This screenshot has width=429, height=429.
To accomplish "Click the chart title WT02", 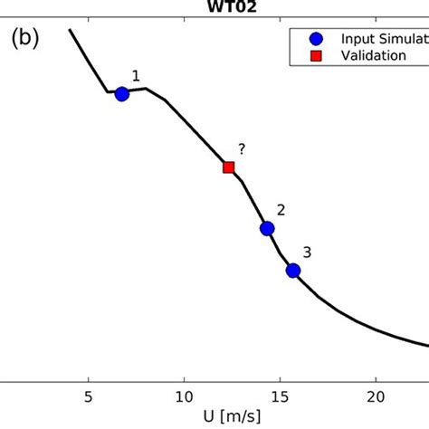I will (x=214, y=5).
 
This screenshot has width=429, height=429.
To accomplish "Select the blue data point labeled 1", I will (x=121, y=93).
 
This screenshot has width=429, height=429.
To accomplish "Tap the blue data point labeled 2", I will (x=267, y=229).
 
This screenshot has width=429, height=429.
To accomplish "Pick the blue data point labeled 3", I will (x=292, y=270).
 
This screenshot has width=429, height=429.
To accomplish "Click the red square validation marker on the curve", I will (x=229, y=167).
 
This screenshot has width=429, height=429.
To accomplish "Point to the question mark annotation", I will (x=242, y=149).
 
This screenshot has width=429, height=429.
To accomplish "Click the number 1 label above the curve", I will (x=136, y=77).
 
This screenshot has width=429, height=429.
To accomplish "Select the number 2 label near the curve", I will (x=281, y=210).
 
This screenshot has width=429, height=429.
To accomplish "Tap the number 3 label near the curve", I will (x=307, y=253).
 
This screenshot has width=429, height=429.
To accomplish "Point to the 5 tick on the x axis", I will (x=88, y=396).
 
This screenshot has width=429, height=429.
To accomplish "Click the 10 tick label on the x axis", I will (x=184, y=396).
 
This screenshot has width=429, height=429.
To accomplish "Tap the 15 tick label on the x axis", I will (x=281, y=396).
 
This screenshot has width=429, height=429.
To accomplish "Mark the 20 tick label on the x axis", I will (x=377, y=396).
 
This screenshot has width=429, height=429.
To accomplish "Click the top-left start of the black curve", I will (x=71, y=31).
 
